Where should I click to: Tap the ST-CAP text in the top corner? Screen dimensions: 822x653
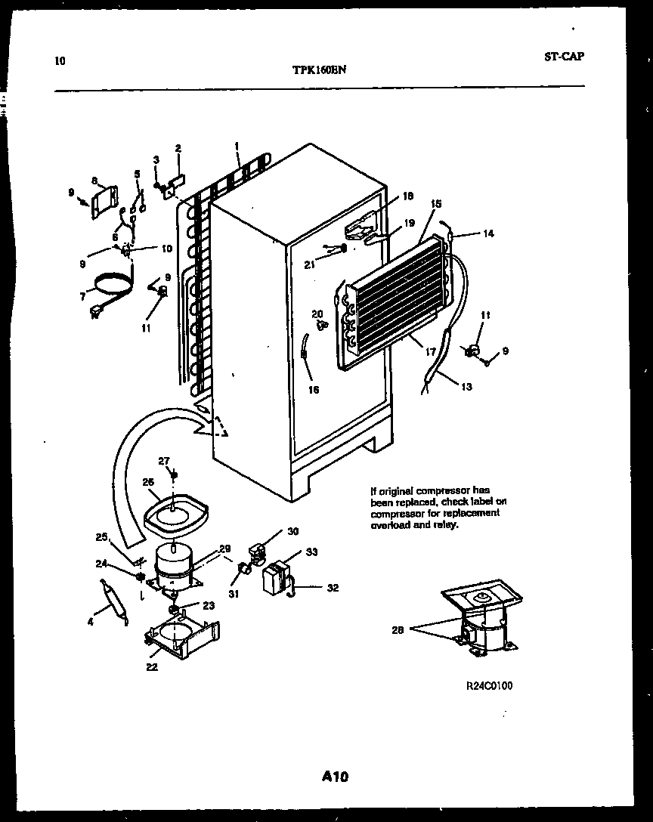pos(562,56)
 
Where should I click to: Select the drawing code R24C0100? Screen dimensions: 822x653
pos(489,686)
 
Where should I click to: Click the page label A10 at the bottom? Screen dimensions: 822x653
pos(333,776)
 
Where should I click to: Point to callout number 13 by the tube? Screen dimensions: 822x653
pos(466,387)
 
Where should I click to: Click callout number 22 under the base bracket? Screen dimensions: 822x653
pos(152,666)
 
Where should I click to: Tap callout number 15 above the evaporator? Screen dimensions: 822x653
pos(435,204)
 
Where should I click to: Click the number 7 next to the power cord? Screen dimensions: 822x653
pos(82,297)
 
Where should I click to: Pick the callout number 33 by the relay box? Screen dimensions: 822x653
pos(311,552)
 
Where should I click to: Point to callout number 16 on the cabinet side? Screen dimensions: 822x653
pos(313,390)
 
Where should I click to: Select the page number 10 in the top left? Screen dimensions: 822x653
pos(60,61)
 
